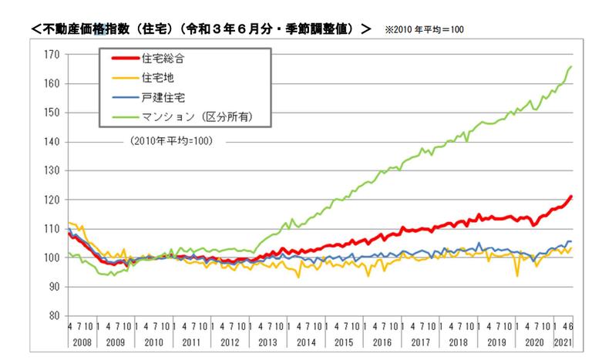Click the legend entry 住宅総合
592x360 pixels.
coord(163,58)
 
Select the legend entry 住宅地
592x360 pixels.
coord(159,78)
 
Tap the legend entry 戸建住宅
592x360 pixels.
coord(163,98)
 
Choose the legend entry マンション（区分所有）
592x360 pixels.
coord(197,117)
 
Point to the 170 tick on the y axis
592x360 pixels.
coord(52,55)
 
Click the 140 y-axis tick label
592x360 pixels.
coord(52,142)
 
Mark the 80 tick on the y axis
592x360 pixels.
coord(54,316)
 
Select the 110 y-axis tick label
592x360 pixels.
coord(52,229)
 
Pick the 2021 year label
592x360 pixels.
coord(564,341)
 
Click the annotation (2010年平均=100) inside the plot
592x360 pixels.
coord(168,142)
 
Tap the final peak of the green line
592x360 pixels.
coord(571,66)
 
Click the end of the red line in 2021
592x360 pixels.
coord(571,196)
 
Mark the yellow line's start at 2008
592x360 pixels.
coord(69,223)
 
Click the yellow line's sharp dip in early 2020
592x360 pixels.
coord(516,275)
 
